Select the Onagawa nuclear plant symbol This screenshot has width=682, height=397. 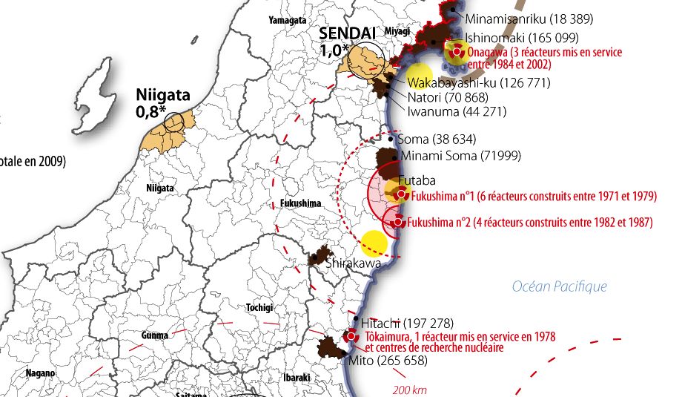coord(457,53)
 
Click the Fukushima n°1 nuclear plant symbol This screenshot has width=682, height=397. coord(401,194)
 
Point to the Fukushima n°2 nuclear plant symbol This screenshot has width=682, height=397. coord(398,221)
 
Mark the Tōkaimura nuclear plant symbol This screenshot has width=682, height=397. coord(352,336)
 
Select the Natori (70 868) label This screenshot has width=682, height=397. coord(447,96)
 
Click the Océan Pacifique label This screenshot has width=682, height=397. coord(559,286)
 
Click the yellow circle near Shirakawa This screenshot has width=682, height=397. coord(374,243)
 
